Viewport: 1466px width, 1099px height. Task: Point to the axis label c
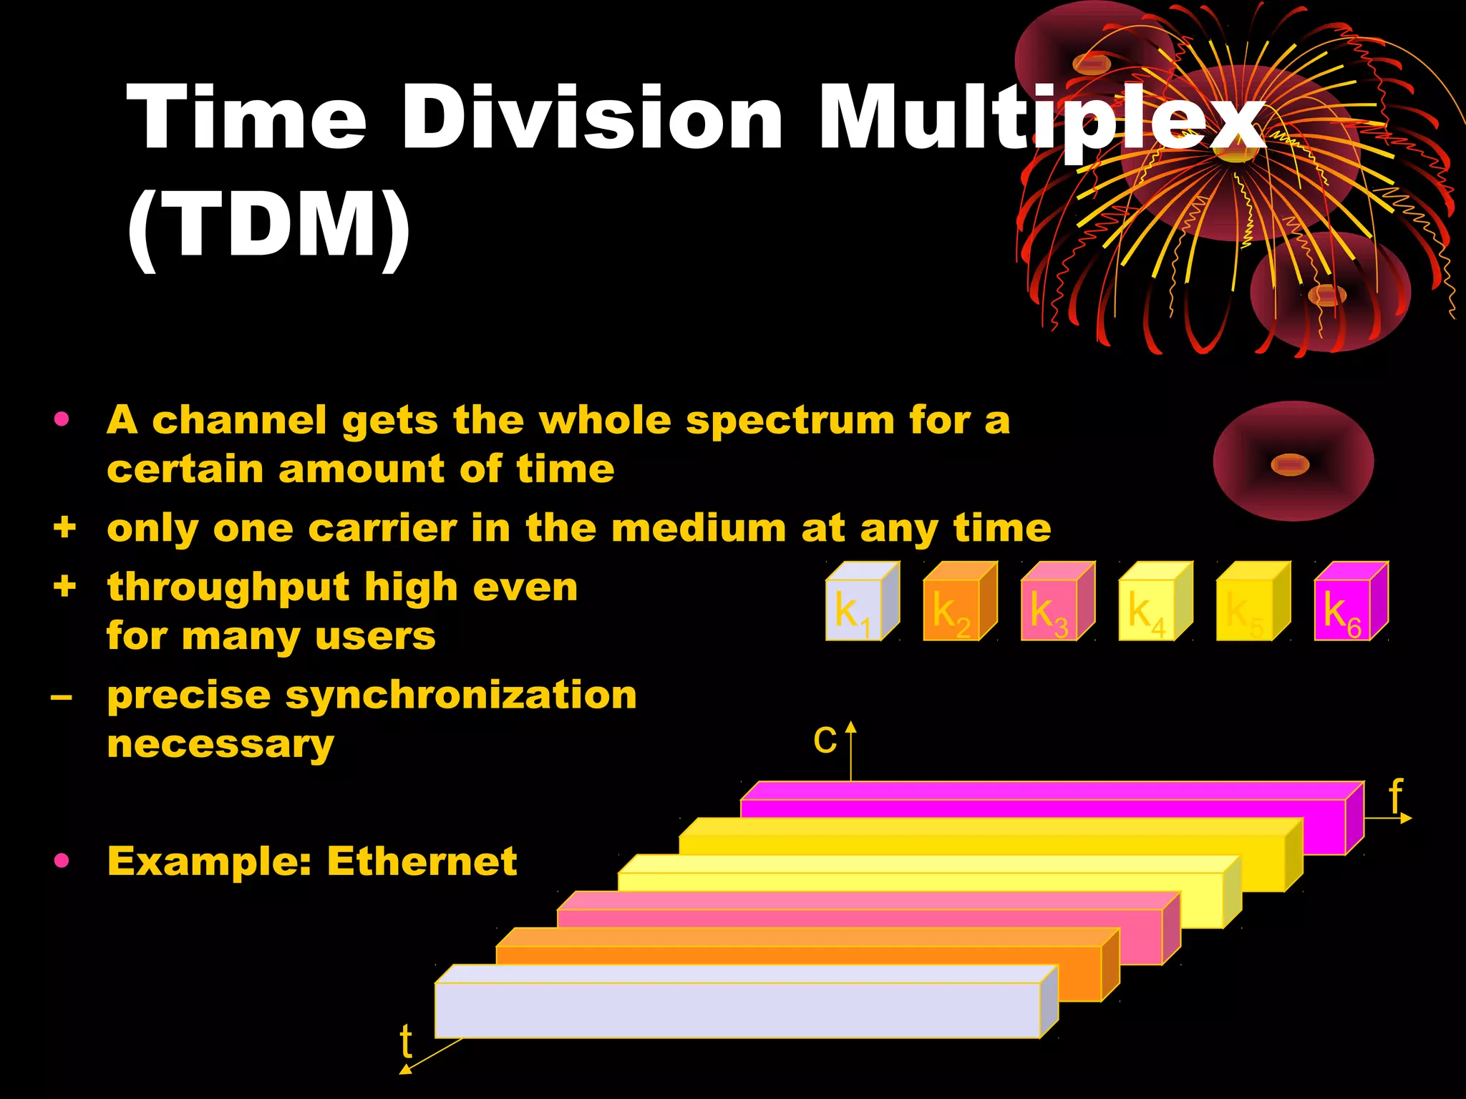point(825,739)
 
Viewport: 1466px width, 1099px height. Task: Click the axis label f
point(1395,795)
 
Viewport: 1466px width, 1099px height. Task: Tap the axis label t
point(406,1041)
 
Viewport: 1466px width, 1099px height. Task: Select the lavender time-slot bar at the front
point(737,1010)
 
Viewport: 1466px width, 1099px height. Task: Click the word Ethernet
point(422,861)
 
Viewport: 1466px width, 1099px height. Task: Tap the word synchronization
point(461,695)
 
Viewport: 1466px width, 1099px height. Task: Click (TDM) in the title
point(269,225)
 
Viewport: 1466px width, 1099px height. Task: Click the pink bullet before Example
point(62,860)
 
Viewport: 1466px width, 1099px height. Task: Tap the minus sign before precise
point(62,695)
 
